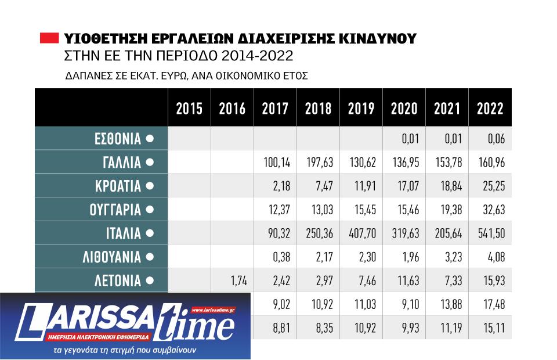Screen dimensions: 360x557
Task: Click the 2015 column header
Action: pyautogui.click(x=189, y=109)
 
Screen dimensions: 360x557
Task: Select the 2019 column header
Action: pyautogui.click(x=361, y=109)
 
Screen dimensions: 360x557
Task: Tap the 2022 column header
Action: pyautogui.click(x=490, y=109)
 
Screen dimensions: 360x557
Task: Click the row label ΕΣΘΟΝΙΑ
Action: pyautogui.click(x=118, y=139)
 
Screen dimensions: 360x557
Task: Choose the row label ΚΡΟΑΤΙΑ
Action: pyautogui.click(x=118, y=186)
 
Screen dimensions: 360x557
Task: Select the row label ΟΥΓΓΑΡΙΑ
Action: pyautogui.click(x=115, y=210)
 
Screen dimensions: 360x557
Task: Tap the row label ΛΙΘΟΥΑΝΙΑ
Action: pyautogui.click(x=111, y=257)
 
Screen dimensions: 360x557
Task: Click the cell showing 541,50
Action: pyautogui.click(x=490, y=233)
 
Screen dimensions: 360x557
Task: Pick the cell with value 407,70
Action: pyautogui.click(x=361, y=233)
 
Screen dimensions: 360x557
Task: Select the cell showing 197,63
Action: pyautogui.click(x=318, y=163)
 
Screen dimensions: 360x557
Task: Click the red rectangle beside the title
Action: pyautogui.click(x=49, y=39)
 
